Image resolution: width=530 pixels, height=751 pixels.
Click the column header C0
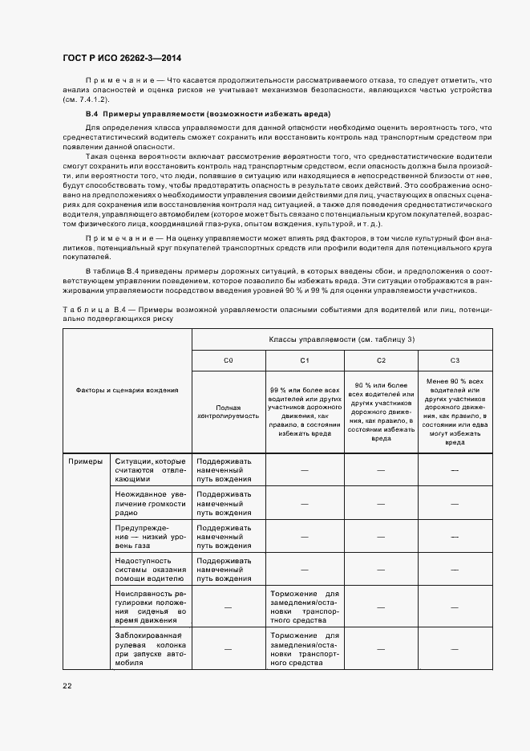pyautogui.click(x=228, y=361)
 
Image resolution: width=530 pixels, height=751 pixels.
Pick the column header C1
pyautogui.click(x=304, y=361)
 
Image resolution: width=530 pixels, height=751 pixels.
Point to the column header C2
pyautogui.click(x=381, y=361)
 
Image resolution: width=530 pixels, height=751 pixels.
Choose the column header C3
pyautogui.click(x=455, y=361)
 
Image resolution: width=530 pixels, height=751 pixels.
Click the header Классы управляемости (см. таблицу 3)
pyautogui.click(x=342, y=339)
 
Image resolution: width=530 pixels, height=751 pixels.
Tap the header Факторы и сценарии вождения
pyautogui.click(x=127, y=390)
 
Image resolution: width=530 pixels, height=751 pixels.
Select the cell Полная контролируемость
pyautogui.click(x=228, y=412)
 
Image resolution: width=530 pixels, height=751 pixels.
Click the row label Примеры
pyautogui.click(x=85, y=462)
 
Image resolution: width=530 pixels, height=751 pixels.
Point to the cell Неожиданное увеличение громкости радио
pyautogui.click(x=150, y=502)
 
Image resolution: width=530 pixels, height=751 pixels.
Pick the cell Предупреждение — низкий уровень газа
pyautogui.click(x=150, y=536)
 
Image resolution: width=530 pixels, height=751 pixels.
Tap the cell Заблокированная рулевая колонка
pyautogui.click(x=150, y=647)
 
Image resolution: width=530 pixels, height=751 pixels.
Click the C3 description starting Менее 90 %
pyautogui.click(x=455, y=412)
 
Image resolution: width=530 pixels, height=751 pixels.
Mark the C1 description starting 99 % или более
pyautogui.click(x=304, y=412)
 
